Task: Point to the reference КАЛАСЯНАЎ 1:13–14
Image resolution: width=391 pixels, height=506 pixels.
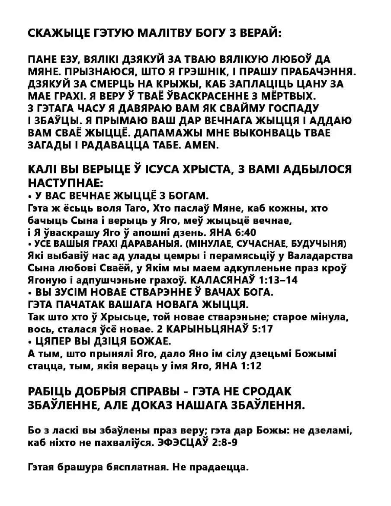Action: point(244,280)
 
